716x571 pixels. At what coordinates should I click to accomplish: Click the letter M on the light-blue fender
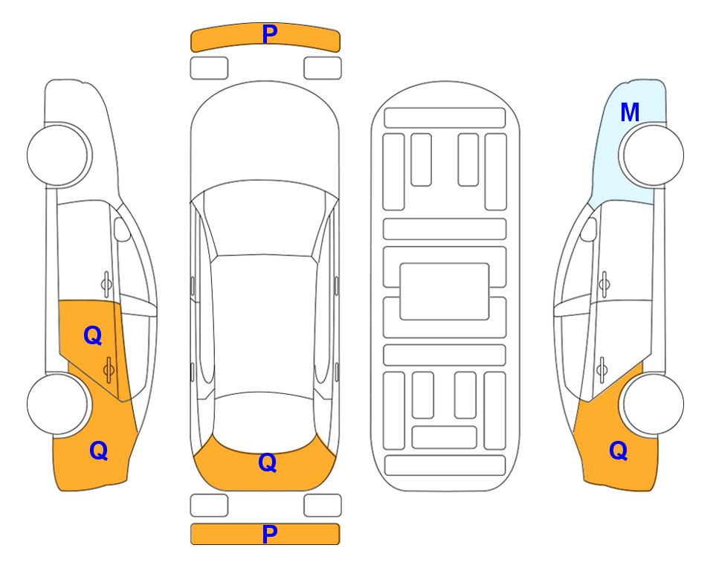(x=630, y=112)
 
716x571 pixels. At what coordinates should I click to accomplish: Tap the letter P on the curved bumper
(x=269, y=34)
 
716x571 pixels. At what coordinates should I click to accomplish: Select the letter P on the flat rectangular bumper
(x=269, y=534)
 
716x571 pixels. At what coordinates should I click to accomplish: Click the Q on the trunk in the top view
(x=267, y=462)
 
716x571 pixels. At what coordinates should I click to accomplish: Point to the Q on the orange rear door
(x=93, y=336)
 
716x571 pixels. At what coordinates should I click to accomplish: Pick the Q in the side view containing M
(x=619, y=451)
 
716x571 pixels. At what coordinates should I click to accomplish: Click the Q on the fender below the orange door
(x=99, y=451)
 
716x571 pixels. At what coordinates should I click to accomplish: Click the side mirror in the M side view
(x=589, y=229)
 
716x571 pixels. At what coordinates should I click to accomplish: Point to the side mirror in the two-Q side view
(x=122, y=229)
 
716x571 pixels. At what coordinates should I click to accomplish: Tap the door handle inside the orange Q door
(x=109, y=369)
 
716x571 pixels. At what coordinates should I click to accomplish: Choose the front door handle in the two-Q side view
(x=106, y=284)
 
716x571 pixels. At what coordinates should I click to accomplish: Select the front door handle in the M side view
(x=604, y=284)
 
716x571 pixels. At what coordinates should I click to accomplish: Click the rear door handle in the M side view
(x=602, y=369)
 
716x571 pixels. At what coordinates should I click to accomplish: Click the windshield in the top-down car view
(x=265, y=219)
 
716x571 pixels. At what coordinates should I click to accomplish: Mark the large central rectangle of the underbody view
(x=445, y=291)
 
